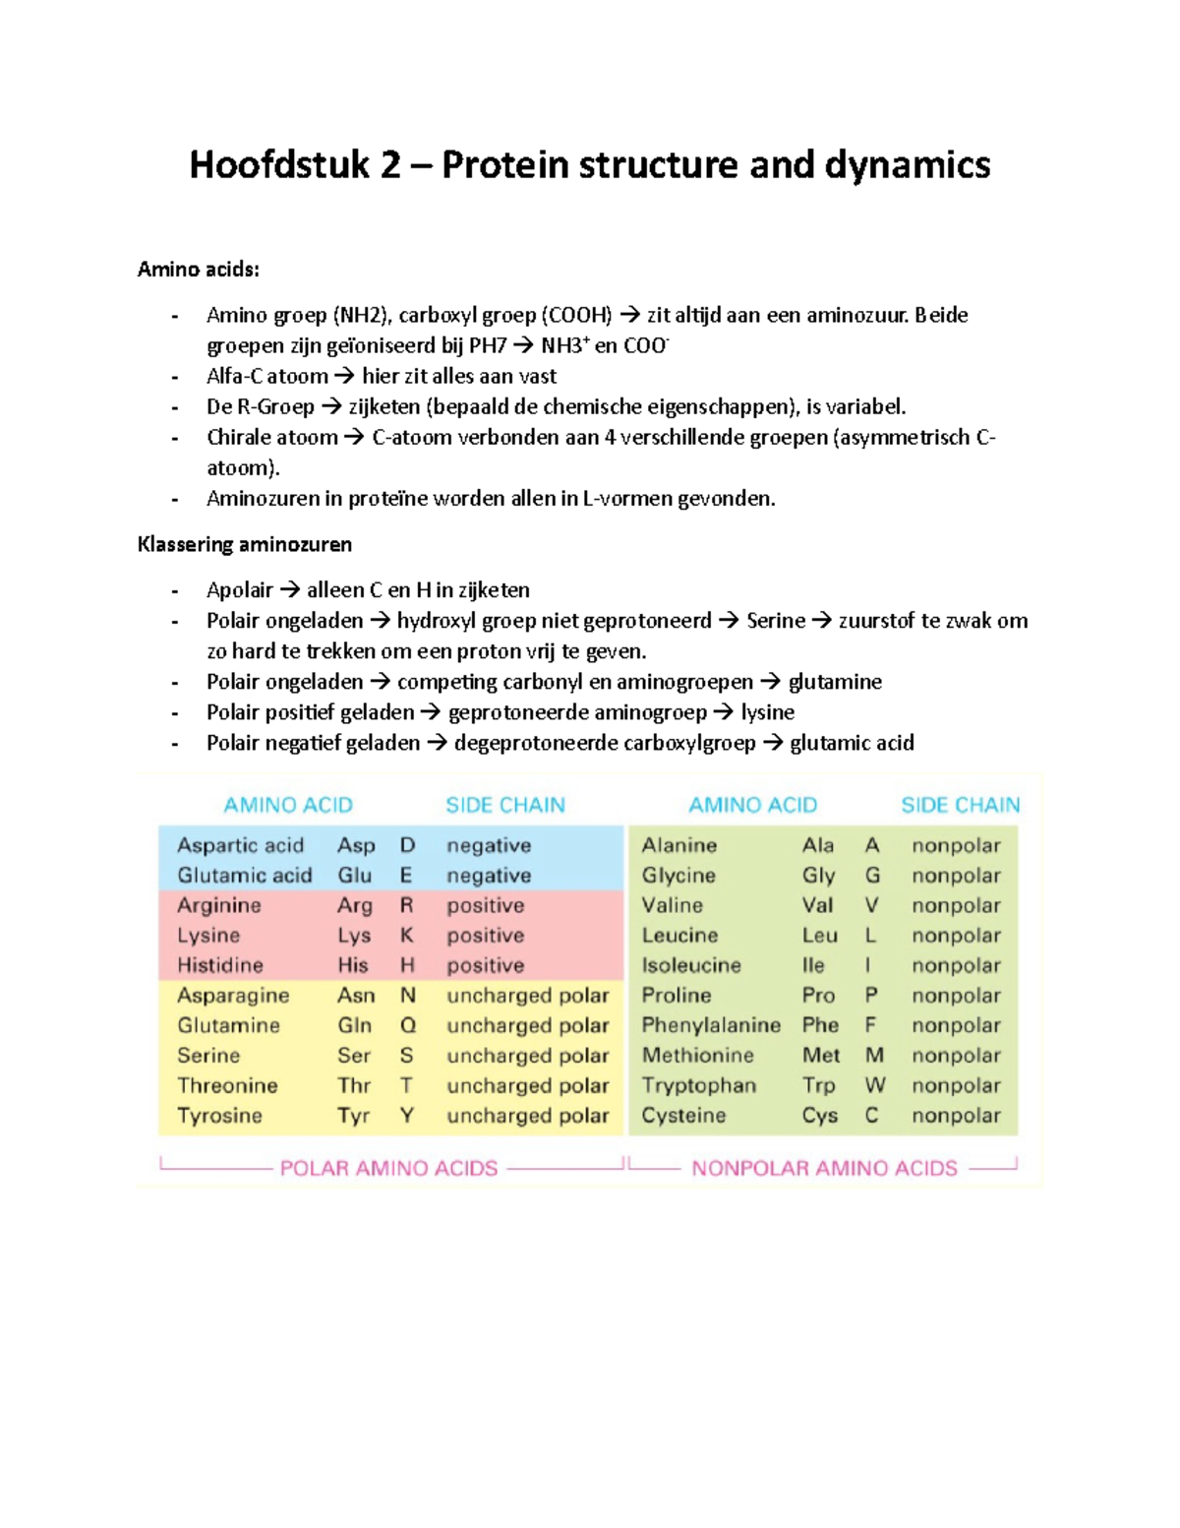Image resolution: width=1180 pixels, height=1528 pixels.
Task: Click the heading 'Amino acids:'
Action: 199,269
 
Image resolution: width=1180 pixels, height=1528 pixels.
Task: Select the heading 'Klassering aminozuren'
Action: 245,544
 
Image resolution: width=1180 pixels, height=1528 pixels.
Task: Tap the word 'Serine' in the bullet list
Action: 775,621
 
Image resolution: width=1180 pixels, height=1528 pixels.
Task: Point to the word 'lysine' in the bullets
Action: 767,712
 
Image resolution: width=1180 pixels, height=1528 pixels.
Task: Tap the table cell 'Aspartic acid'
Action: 240,845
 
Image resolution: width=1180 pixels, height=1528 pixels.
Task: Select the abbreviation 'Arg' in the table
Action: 354,905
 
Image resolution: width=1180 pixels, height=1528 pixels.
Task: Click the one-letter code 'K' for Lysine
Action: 406,936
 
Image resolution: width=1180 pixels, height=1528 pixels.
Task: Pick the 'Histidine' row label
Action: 219,965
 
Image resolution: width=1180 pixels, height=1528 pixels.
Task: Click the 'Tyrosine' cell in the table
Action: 219,1116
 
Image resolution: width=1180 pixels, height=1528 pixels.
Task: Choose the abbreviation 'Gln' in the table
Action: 354,1025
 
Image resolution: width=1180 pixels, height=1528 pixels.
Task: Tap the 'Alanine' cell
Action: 678,845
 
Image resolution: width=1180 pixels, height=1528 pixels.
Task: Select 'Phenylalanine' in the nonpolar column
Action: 710,1025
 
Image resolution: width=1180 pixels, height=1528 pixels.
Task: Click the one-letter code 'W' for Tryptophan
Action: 874,1085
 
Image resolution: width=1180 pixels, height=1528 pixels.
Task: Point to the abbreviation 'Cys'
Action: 819,1116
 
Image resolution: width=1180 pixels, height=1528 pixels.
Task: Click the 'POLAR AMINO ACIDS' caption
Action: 388,1168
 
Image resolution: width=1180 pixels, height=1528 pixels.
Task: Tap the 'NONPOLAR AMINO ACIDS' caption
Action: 824,1168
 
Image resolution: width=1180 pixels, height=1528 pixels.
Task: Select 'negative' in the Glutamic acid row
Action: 488,876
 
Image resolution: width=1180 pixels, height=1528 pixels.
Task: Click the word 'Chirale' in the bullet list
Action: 239,438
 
